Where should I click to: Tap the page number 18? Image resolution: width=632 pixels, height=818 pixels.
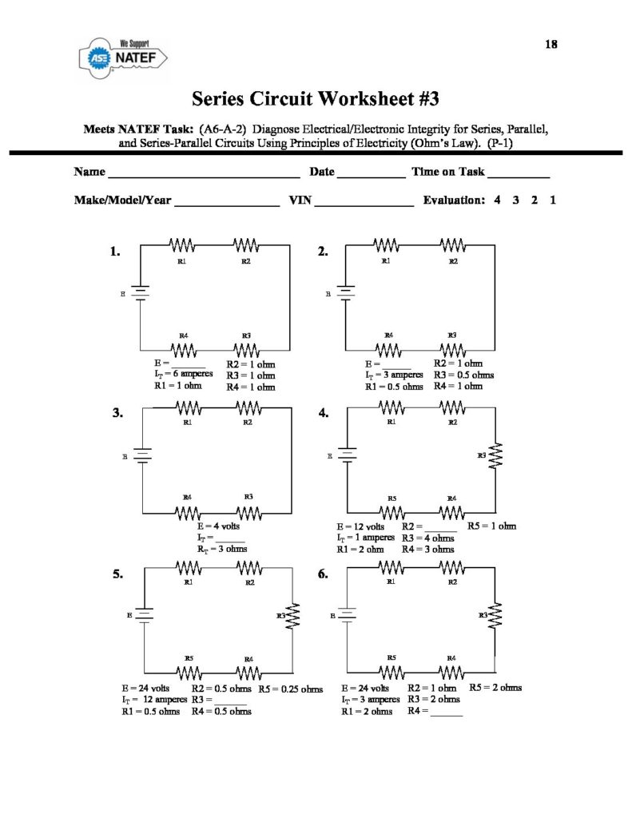click(551, 45)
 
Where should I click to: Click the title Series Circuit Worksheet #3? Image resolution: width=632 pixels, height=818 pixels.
click(316, 99)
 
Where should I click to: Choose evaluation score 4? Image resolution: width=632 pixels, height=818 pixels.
click(497, 201)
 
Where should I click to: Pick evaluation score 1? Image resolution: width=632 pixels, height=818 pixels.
click(553, 201)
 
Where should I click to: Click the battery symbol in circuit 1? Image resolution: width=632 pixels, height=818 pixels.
click(141, 293)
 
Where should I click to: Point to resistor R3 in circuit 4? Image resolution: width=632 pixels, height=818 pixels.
click(495, 456)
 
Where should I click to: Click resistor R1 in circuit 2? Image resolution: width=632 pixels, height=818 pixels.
click(388, 244)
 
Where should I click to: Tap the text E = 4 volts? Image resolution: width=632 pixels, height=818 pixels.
click(218, 526)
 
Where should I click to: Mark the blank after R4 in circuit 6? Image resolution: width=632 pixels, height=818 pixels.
click(447, 713)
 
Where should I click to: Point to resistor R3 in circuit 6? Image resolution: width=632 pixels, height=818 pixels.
click(495, 615)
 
